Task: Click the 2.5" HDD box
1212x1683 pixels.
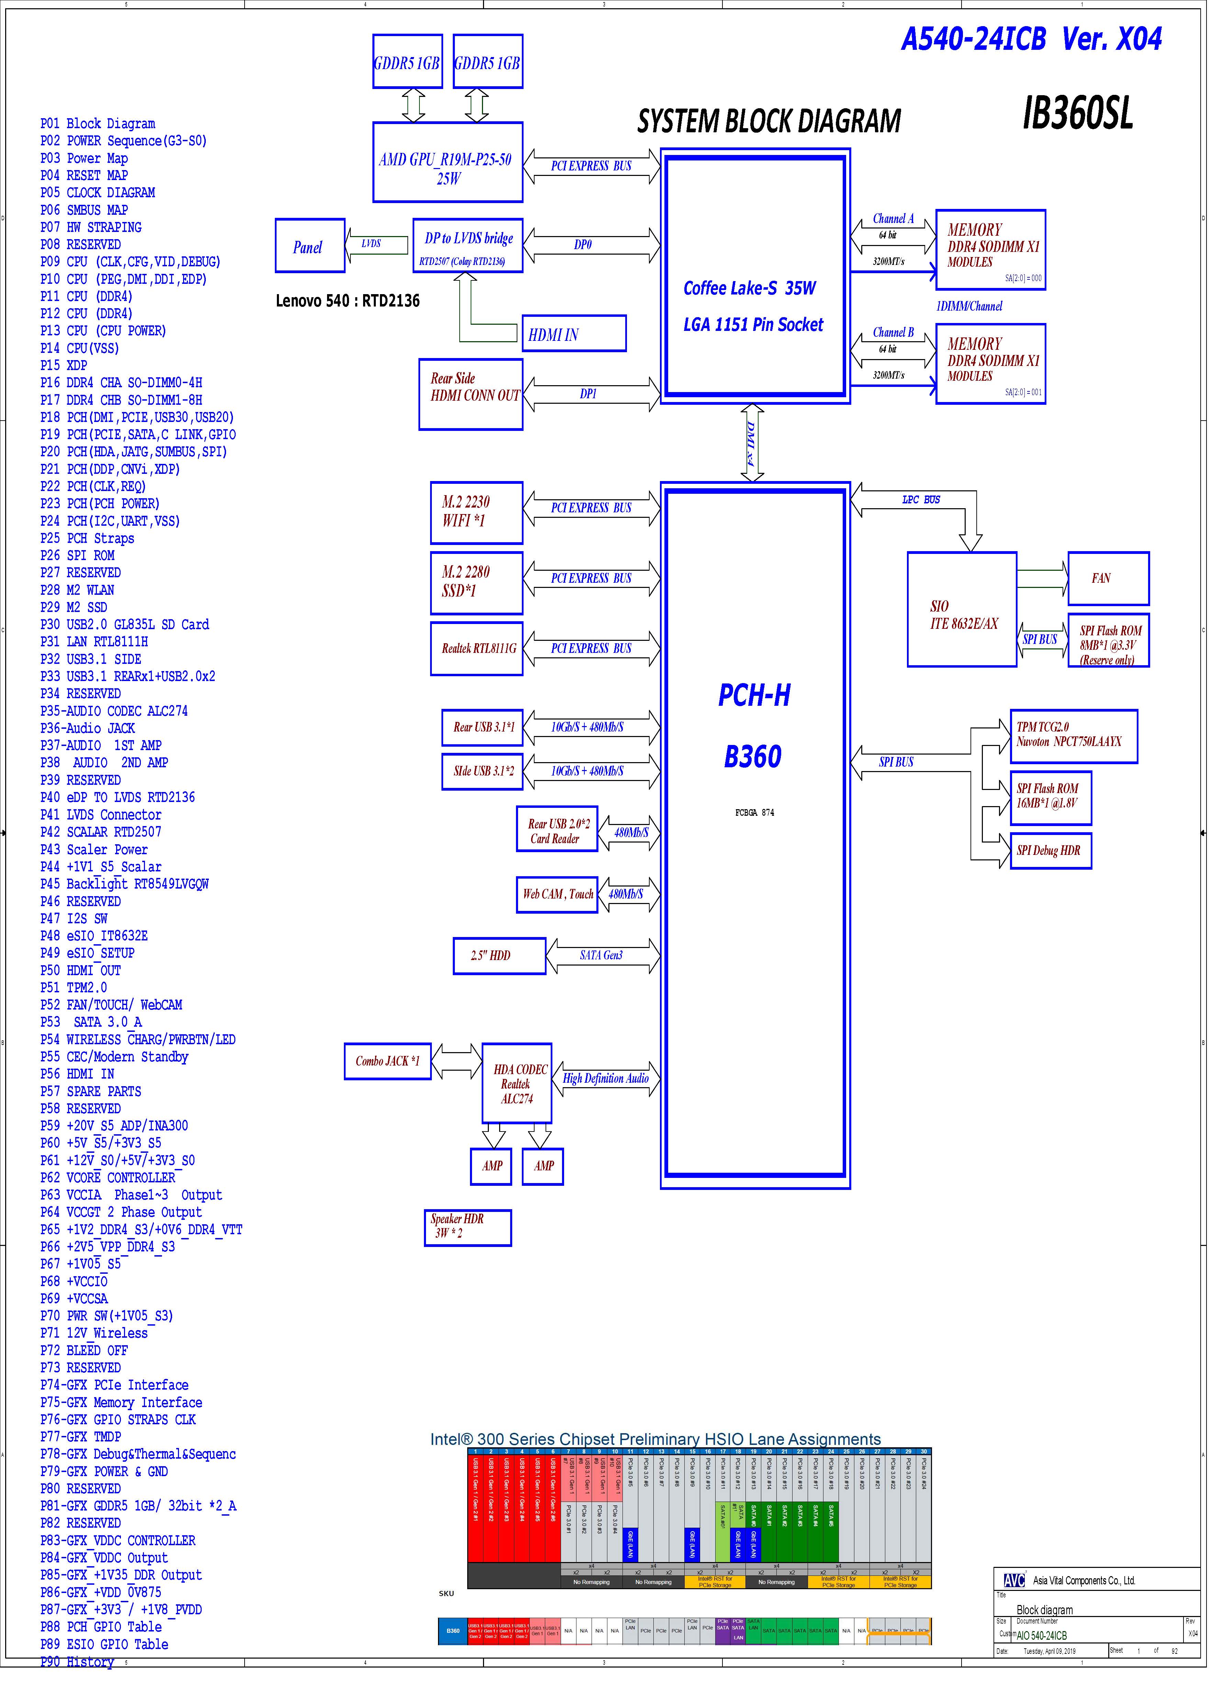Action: (499, 956)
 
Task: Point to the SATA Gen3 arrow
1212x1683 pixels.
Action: (602, 956)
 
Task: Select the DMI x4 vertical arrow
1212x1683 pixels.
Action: (752, 443)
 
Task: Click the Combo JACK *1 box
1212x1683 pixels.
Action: (387, 1062)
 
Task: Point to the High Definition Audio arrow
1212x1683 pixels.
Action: (606, 1079)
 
